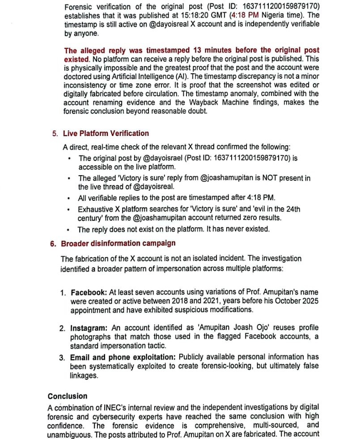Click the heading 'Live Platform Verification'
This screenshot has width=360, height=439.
pyautogui.click(x=106, y=133)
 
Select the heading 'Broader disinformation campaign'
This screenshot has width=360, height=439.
pyautogui.click(x=118, y=243)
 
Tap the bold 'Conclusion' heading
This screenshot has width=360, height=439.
pyautogui.click(x=68, y=396)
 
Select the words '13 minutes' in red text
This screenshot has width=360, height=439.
pyautogui.click(x=212, y=51)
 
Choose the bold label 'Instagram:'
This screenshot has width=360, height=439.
pyautogui.click(x=89, y=328)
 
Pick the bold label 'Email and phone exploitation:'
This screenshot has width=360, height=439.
pyautogui.click(x=123, y=357)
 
